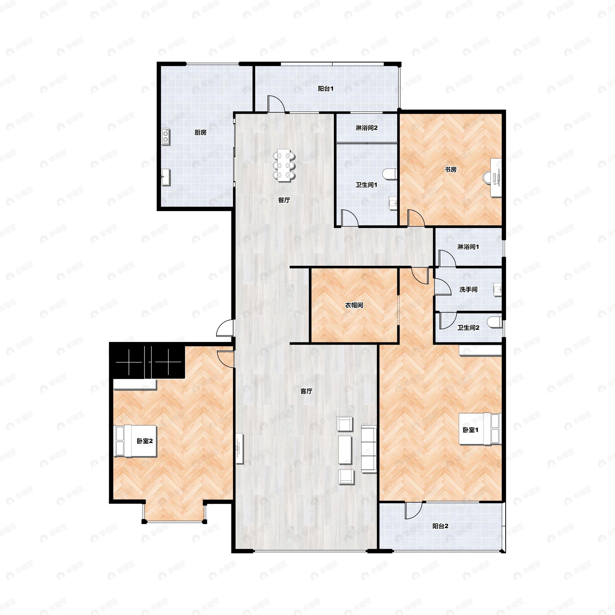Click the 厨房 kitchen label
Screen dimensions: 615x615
201,133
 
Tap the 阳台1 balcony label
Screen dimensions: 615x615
326,89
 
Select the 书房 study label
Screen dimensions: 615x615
450,170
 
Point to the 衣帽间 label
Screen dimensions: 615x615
354,305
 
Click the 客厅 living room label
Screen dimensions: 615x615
306,391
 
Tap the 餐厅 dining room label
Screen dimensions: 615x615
284,200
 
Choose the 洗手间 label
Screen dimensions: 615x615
468,290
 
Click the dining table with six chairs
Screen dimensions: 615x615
284,166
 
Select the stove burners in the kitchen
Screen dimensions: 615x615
166,137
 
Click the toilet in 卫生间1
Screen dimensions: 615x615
390,173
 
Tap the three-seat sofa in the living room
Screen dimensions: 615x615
369,450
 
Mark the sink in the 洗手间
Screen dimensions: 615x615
497,290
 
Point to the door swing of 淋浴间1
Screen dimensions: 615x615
447,258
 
